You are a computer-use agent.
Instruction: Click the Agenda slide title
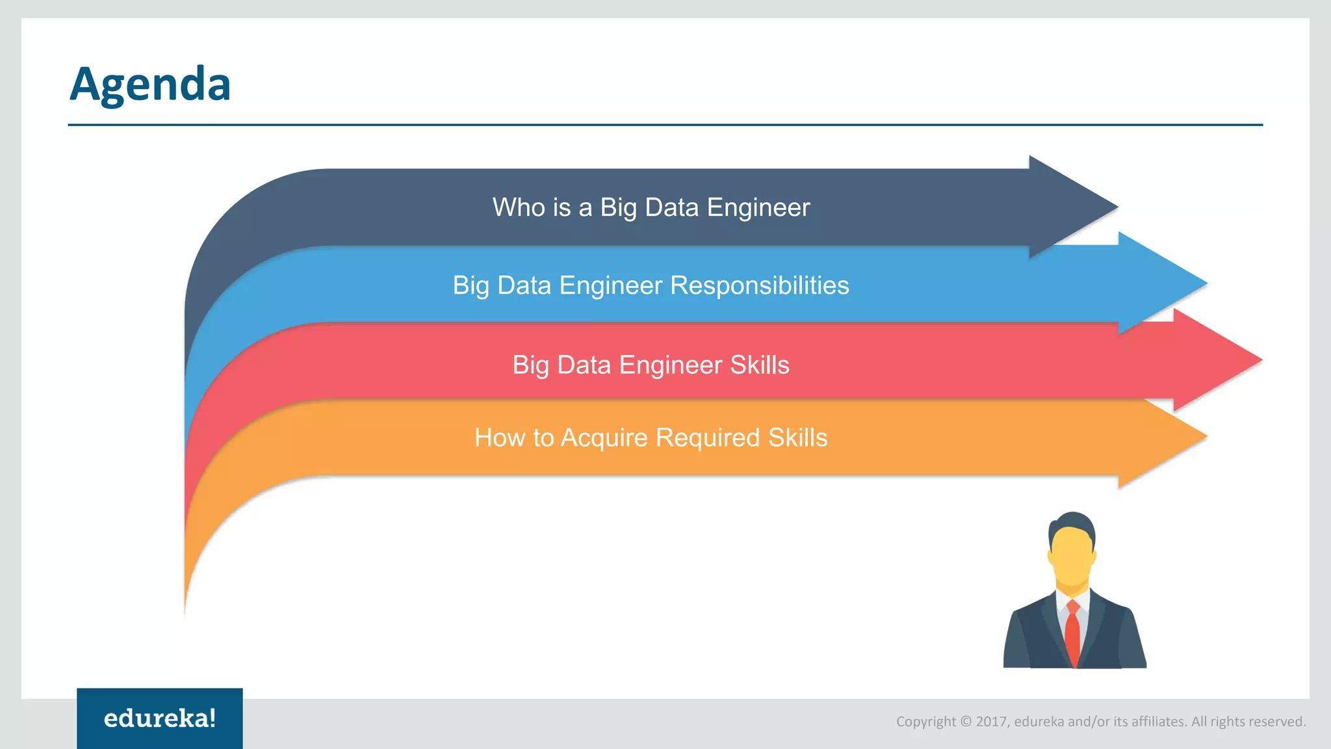coord(150,85)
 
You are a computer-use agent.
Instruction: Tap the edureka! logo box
coord(159,718)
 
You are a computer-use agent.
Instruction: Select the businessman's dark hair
coord(1072,523)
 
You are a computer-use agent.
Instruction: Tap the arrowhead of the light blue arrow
coord(1170,283)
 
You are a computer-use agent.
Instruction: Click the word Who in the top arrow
coord(518,208)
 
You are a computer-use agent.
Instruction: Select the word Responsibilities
coord(759,286)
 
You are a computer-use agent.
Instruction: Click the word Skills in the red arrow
coord(759,365)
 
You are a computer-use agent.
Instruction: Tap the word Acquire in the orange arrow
coord(604,438)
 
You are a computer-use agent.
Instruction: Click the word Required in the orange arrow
coord(708,438)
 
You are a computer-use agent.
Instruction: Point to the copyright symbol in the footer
coord(966,722)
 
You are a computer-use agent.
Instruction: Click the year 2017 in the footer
coord(991,722)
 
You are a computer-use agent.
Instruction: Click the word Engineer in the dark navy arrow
coord(758,208)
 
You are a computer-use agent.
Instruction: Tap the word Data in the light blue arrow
coord(524,286)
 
